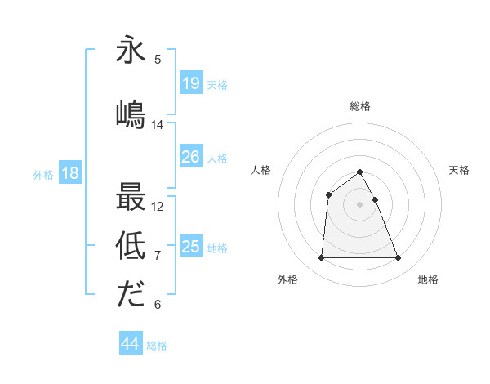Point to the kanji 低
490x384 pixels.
pos(131,243)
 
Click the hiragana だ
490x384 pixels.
pos(131,293)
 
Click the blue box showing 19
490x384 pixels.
pos(190,83)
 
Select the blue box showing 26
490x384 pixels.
pos(190,157)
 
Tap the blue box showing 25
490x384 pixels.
pos(190,247)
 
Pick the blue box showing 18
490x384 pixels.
pos(69,173)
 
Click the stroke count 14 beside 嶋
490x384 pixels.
pos(158,125)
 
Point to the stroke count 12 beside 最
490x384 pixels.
pos(158,207)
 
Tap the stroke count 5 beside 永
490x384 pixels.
pos(158,59)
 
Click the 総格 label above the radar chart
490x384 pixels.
pos(360,106)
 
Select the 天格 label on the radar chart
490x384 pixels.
pos(459,170)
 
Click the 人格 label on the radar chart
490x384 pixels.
pos(261,170)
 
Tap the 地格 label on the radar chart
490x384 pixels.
pos(428,280)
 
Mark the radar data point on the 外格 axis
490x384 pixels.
pos(321,258)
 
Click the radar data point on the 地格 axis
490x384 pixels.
pos(399,258)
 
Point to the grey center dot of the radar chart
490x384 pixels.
pos(360,204)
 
